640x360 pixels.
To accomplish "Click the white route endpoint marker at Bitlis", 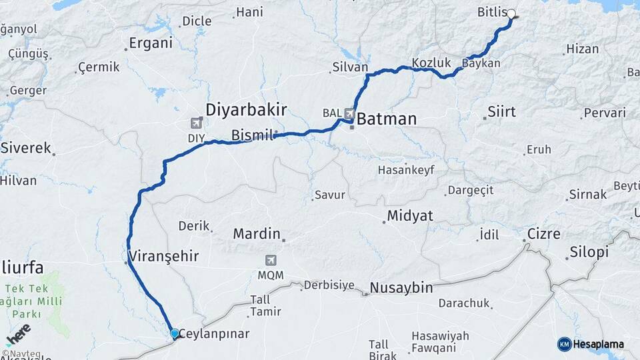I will (x=511, y=13).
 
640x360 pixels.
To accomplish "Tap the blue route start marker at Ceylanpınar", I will (x=175, y=333).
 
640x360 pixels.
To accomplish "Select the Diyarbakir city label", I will (x=246, y=109).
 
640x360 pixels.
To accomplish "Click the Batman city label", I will (x=387, y=119).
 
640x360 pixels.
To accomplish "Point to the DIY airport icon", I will (x=196, y=123).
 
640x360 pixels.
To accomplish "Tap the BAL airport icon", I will (x=349, y=113).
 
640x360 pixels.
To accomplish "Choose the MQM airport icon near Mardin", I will (x=271, y=260).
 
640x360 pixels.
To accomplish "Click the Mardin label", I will (x=256, y=234).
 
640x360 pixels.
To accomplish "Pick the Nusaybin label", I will (x=401, y=288).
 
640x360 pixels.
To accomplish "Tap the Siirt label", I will (x=502, y=111).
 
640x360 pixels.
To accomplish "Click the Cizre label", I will (x=543, y=234).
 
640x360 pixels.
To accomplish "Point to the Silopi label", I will (x=589, y=253).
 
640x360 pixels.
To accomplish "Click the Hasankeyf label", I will (x=406, y=170).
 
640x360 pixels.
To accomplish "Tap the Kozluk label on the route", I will (x=431, y=63).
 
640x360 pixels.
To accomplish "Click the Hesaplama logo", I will (x=591, y=344).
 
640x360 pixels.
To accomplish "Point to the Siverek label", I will (x=25, y=148).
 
